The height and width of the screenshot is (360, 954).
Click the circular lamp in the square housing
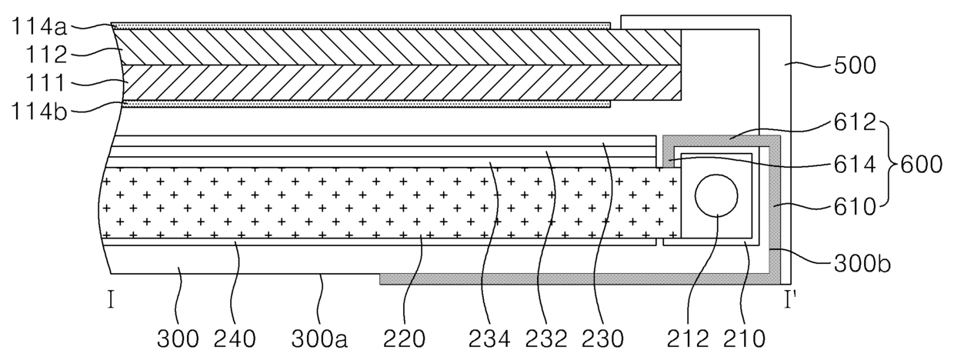[x=716, y=196]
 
